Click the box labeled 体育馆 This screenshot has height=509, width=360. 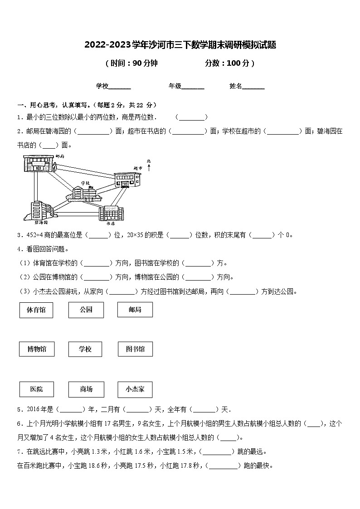pyautogui.click(x=36, y=310)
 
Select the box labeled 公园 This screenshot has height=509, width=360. pyautogui.click(x=86, y=310)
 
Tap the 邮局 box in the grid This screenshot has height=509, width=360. pyautogui.click(x=135, y=310)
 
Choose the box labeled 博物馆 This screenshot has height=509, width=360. pyautogui.click(x=37, y=349)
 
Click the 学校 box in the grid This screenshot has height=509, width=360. pyautogui.click(x=85, y=349)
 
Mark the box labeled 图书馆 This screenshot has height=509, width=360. pyautogui.click(x=135, y=349)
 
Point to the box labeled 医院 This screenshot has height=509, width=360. pyautogui.click(x=37, y=389)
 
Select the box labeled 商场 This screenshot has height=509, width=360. pyautogui.click(x=86, y=389)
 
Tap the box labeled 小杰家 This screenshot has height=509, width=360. pyautogui.click(x=135, y=389)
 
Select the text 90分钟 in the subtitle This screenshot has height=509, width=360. pyautogui.click(x=145, y=63)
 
